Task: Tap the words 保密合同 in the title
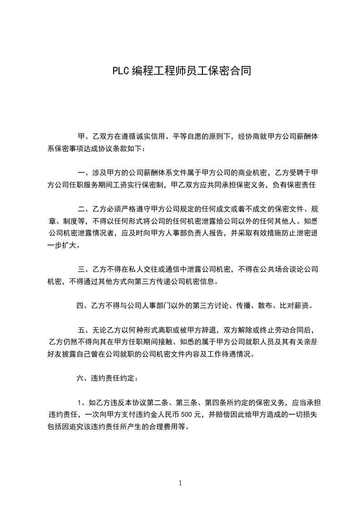click(231, 71)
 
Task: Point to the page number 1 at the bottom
click(180, 483)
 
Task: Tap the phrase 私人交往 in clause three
click(148, 270)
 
